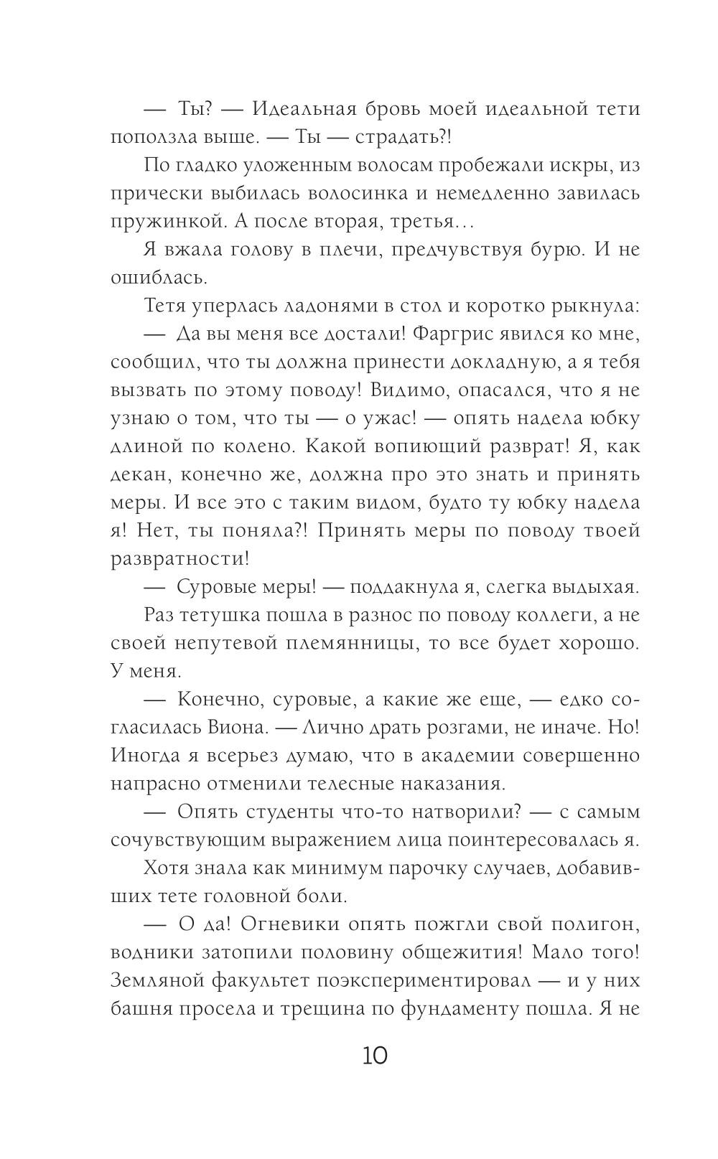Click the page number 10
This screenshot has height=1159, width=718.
coord(375,1056)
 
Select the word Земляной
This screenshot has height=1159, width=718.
coord(157,980)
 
